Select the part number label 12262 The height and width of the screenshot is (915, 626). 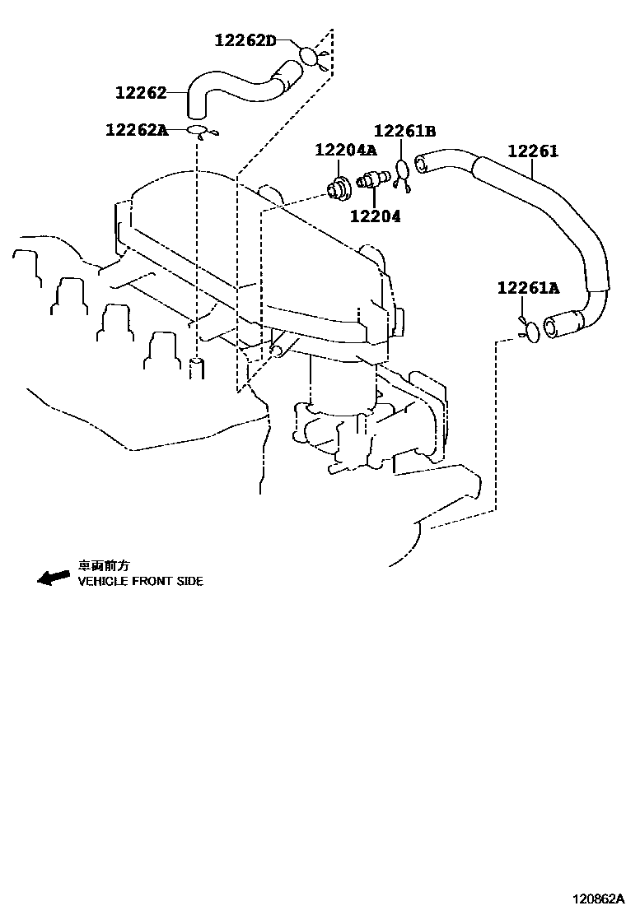tap(141, 93)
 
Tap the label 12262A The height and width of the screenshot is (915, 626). tap(137, 129)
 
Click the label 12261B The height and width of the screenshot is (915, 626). tap(404, 131)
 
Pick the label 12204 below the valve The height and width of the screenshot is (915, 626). tap(375, 216)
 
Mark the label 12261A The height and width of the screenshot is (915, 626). tap(528, 287)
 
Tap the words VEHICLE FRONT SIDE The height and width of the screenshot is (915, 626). tap(140, 581)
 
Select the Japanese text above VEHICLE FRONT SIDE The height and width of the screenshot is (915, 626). tap(104, 565)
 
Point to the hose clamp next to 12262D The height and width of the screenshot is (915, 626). tap(310, 56)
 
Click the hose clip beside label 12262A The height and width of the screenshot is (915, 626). tap(200, 132)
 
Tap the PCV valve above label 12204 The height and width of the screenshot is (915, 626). tap(374, 179)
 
